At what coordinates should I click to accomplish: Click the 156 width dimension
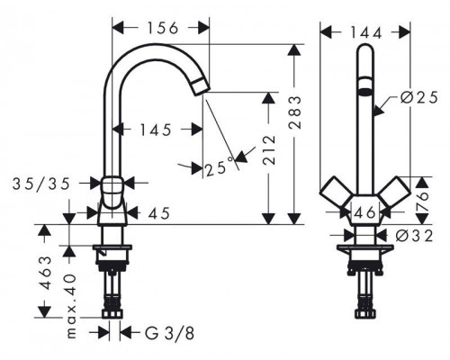(163, 28)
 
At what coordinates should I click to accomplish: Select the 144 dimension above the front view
(366, 32)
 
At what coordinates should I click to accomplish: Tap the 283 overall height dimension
(295, 112)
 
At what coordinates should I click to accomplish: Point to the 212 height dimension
(269, 150)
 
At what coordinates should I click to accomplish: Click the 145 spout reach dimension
(156, 130)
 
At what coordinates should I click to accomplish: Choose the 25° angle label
(220, 167)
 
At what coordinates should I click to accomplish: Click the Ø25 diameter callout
(419, 97)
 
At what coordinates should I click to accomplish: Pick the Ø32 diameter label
(414, 236)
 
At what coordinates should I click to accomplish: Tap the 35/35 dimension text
(41, 184)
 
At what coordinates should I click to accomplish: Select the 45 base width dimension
(159, 213)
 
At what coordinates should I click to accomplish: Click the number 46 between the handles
(364, 212)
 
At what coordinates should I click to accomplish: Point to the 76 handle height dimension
(422, 201)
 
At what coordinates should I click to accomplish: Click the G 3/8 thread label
(170, 333)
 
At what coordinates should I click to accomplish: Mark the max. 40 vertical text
(71, 306)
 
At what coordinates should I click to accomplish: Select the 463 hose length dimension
(46, 273)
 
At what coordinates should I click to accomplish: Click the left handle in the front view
(335, 192)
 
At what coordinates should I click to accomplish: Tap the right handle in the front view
(394, 192)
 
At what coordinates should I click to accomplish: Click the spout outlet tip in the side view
(200, 87)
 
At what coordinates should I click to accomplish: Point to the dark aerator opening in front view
(365, 92)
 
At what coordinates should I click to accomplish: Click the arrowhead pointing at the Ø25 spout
(379, 110)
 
